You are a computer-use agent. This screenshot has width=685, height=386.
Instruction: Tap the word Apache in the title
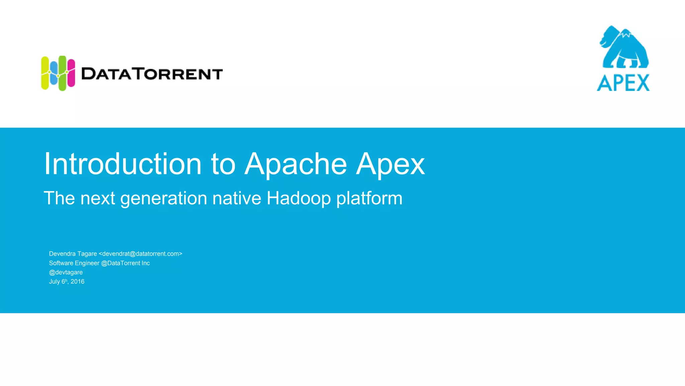296,164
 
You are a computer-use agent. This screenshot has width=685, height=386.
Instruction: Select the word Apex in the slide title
390,165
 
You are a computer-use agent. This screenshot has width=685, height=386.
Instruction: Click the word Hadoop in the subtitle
298,198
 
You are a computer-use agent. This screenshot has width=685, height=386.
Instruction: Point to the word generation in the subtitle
164,199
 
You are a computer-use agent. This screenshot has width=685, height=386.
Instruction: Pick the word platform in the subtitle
369,199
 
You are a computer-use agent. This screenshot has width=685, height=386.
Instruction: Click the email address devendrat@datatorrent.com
140,254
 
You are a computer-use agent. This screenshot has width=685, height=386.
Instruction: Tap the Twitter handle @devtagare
66,272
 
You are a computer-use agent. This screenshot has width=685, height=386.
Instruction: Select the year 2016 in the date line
78,281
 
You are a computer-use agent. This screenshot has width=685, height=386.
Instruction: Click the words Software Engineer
74,263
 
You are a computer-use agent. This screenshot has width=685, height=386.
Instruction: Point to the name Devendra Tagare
73,254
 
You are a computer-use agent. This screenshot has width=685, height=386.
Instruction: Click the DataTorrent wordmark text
152,74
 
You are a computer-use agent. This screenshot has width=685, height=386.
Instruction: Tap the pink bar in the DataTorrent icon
71,73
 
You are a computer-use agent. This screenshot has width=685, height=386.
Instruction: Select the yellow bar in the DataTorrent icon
45,73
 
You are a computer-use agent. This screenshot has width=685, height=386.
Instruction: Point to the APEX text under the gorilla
623,83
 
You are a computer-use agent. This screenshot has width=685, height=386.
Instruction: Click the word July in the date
55,281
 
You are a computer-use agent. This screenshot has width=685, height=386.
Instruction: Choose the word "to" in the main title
223,164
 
